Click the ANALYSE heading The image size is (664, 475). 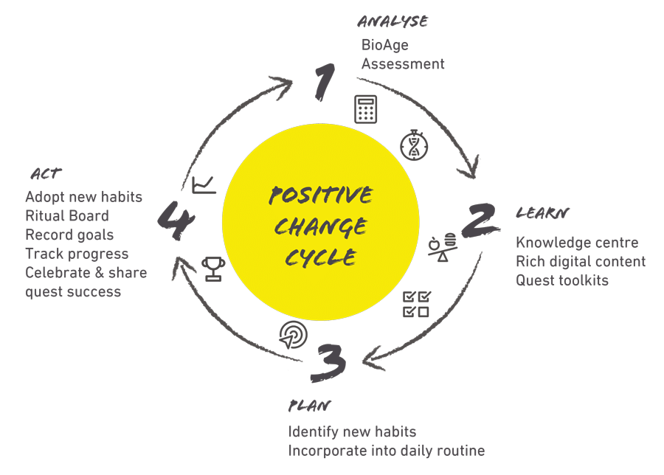click(x=393, y=21)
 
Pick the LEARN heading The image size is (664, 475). click(x=542, y=213)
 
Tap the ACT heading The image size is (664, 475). click(x=46, y=174)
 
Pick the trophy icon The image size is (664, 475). click(x=212, y=269)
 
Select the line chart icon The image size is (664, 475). click(x=204, y=185)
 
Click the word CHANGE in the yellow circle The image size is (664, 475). click(x=320, y=226)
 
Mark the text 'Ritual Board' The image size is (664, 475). click(x=67, y=216)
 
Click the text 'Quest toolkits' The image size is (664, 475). click(x=562, y=280)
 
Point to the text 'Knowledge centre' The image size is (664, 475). click(x=577, y=242)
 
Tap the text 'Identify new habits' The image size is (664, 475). click(x=353, y=431)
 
